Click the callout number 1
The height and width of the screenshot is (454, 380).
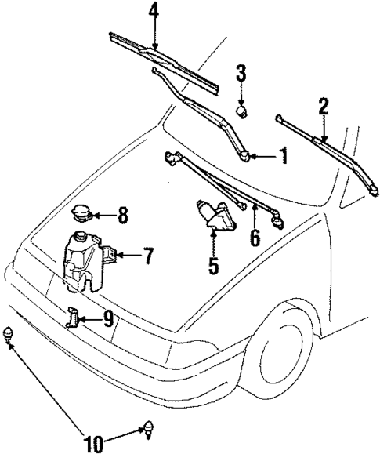tap(283, 157)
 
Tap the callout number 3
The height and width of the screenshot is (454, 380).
tap(242, 75)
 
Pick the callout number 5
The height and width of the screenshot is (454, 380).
tap(213, 265)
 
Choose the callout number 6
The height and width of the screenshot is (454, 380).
tap(254, 238)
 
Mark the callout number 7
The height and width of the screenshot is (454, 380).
tap(149, 256)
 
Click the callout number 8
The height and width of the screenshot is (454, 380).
tap(122, 213)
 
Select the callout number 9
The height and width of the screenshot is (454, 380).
tap(108, 318)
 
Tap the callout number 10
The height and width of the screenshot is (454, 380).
tap(94, 444)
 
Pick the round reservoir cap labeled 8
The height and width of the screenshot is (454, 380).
tap(81, 213)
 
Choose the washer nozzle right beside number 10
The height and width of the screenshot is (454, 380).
tap(147, 428)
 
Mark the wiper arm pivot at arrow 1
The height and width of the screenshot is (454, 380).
tap(248, 158)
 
